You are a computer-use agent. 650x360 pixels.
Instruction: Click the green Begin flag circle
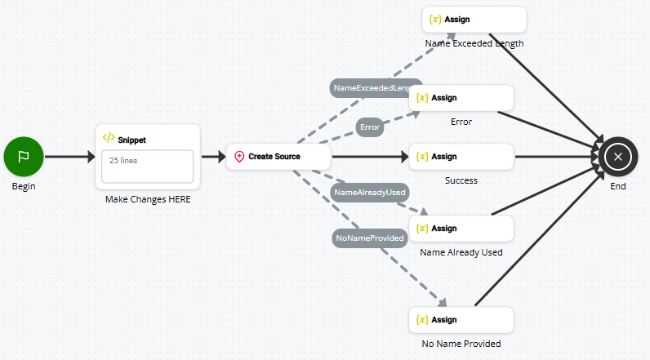(24, 156)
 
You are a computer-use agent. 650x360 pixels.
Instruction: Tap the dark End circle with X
(618, 156)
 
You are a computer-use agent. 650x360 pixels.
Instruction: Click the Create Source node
(278, 156)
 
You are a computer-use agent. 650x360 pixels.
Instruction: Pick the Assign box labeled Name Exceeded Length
(474, 19)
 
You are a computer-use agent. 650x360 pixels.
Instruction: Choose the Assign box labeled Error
(461, 98)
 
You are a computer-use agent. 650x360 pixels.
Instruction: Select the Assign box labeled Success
(461, 156)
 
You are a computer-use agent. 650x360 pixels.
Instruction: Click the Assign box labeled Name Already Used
(461, 228)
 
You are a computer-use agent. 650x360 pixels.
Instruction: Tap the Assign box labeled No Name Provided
(461, 319)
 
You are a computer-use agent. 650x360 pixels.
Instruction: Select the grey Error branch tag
(370, 127)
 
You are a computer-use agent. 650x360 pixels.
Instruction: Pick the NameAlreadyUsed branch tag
(370, 192)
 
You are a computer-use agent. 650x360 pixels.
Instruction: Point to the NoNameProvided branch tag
(370, 238)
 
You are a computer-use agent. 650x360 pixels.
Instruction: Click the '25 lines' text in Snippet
(123, 161)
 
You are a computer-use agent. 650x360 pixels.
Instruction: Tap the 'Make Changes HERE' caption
(148, 199)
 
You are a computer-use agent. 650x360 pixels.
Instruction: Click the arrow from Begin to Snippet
(70, 156)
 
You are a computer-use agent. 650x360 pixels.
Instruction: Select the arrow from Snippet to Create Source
(212, 156)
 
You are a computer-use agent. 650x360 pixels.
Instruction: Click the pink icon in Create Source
(239, 156)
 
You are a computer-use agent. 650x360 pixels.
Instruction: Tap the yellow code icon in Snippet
(109, 138)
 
